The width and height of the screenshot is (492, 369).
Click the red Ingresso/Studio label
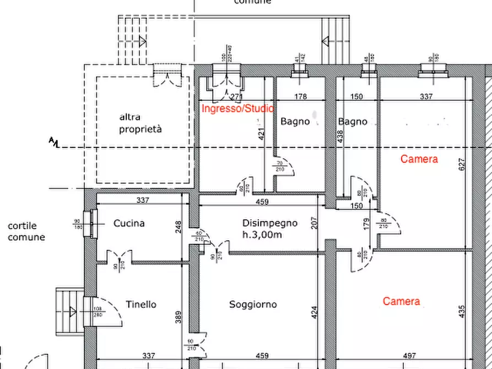tap(238, 108)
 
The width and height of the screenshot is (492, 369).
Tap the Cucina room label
tap(129, 224)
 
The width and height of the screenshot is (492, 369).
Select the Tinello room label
tap(141, 305)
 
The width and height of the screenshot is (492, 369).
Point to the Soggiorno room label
tap(253, 305)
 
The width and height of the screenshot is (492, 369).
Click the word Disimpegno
tap(270, 223)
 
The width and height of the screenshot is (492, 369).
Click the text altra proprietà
tap(141, 123)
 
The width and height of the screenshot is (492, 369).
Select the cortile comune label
tap(26, 232)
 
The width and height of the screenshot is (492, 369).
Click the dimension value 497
tap(409, 356)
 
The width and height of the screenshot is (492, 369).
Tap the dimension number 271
tap(236, 97)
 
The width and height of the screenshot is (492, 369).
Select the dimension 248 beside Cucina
tap(179, 227)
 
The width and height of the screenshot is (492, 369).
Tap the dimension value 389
tap(179, 317)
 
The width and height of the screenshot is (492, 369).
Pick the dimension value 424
tap(315, 313)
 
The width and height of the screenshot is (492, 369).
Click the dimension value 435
tap(462, 312)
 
